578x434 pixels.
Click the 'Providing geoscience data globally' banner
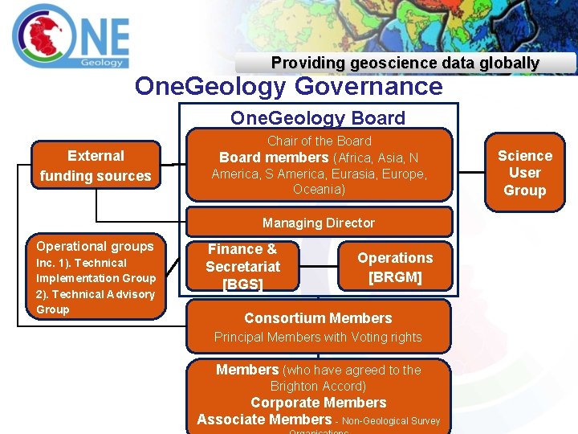tap(405, 63)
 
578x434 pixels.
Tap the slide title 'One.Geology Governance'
tap(288, 86)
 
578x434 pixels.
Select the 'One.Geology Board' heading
tap(318, 118)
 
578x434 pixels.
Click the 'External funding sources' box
tap(96, 166)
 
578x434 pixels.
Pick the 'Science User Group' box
tap(525, 173)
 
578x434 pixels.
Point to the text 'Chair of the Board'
tap(319, 141)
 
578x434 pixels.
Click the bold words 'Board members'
tap(274, 158)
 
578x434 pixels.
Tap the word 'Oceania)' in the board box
tap(319, 190)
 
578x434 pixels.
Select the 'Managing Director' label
tap(319, 223)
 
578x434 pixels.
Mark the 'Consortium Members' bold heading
tap(318, 318)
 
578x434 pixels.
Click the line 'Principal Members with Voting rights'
tap(318, 338)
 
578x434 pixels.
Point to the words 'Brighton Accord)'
tap(318, 386)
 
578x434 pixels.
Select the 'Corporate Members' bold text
tap(318, 403)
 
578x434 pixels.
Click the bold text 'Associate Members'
tap(264, 420)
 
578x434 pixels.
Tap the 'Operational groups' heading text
tap(95, 246)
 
